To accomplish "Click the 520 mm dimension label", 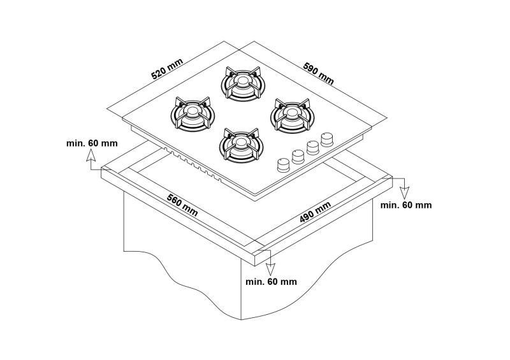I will (167, 69).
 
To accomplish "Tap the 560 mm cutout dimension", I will (182, 203).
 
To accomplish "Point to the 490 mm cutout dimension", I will (315, 213).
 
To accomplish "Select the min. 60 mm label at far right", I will (406, 205).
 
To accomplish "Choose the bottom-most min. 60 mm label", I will (271, 281).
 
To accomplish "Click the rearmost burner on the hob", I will (242, 83).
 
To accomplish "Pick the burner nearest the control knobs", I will (291, 115).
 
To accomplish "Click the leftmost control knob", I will (283, 165).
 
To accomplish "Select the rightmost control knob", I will (328, 138).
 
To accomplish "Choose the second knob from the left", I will (298, 156).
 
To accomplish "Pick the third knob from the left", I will (313, 147).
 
